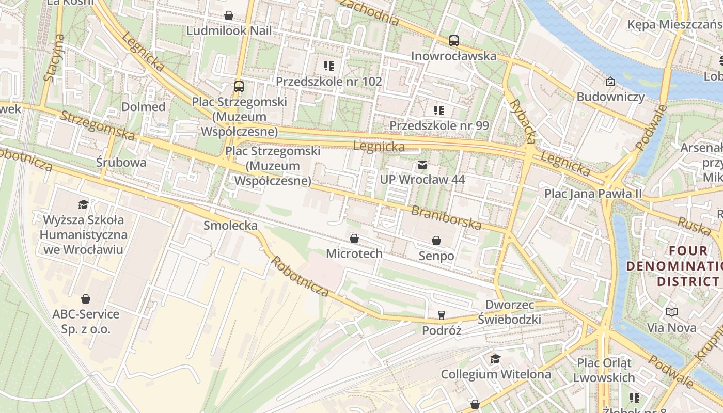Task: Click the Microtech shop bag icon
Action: point(354,239)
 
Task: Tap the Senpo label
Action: point(436,256)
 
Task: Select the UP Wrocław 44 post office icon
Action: point(422,165)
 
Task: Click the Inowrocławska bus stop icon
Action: point(454,40)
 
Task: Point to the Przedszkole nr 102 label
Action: point(328,81)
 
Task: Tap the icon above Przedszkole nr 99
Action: point(438,110)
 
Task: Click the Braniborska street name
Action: point(446,217)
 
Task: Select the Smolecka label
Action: point(230,225)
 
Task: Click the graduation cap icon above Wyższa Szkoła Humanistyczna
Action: point(83,204)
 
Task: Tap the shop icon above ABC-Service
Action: point(86,299)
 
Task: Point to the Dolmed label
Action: point(143,107)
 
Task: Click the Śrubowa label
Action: point(121,163)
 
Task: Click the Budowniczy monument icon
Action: point(610,82)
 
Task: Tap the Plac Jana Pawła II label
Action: point(593,194)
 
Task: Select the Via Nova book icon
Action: point(672,312)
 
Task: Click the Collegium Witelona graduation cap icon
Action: point(495,359)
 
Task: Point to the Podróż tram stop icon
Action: point(442,315)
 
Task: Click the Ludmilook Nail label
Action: point(229,30)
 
